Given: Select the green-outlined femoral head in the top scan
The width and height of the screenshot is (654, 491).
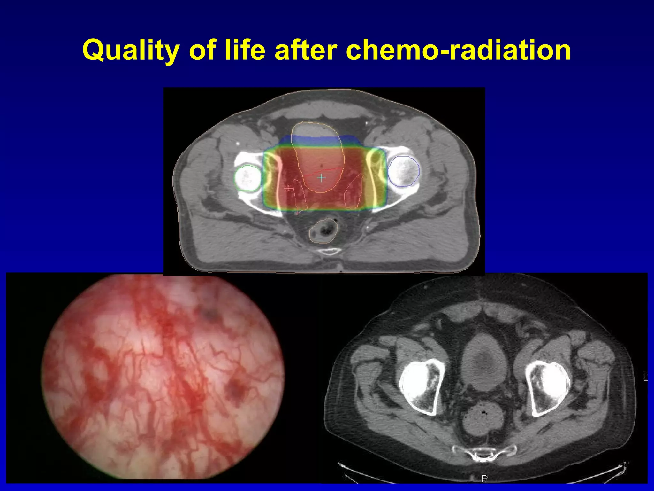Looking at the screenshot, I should pos(248,178).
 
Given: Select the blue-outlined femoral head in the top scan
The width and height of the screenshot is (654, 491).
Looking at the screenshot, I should pos(404,171).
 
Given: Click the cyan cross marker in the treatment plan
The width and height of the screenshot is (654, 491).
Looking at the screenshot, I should pos(321,178).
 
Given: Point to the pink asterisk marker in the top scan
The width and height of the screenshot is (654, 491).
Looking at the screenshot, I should pos(288,188).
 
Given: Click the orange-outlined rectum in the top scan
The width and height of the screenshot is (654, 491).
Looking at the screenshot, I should pos(323,230).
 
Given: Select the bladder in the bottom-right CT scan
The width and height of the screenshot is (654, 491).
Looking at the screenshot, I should pos(485,363).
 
